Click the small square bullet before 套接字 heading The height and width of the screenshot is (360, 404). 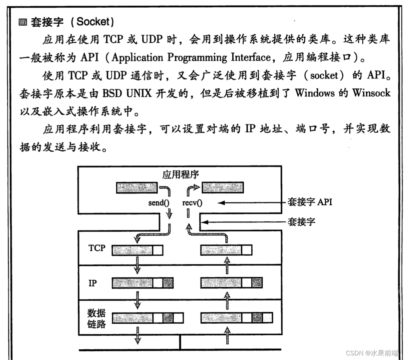[x=22, y=23]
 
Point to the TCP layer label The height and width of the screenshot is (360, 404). [x=96, y=248]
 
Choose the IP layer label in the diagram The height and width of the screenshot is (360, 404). [x=92, y=284]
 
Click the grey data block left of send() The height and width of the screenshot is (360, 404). [x=136, y=187]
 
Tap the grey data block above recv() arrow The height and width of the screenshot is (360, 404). [x=223, y=187]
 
